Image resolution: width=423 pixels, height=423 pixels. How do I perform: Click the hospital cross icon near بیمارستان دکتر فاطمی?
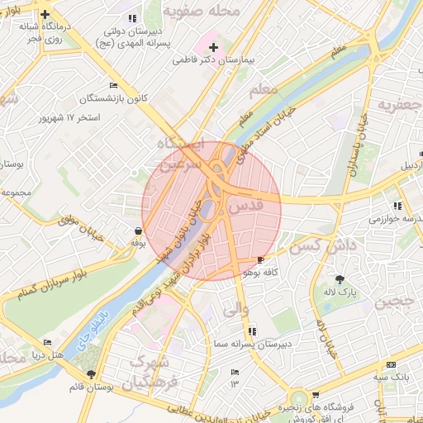click(x=213, y=47)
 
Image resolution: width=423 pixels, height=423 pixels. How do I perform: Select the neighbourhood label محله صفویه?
click(x=212, y=12)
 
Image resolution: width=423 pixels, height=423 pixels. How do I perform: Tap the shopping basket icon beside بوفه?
click(x=137, y=231)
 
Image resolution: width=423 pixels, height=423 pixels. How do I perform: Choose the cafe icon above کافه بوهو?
click(x=262, y=259)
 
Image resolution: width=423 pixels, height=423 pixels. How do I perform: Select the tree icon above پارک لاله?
click(x=339, y=278)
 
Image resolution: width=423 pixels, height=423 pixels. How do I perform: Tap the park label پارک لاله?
click(x=339, y=292)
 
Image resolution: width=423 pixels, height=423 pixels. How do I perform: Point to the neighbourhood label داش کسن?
click(x=315, y=245)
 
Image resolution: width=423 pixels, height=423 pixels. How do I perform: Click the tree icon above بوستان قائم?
click(x=102, y=374)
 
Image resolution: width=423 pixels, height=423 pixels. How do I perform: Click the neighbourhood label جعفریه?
click(x=398, y=105)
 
